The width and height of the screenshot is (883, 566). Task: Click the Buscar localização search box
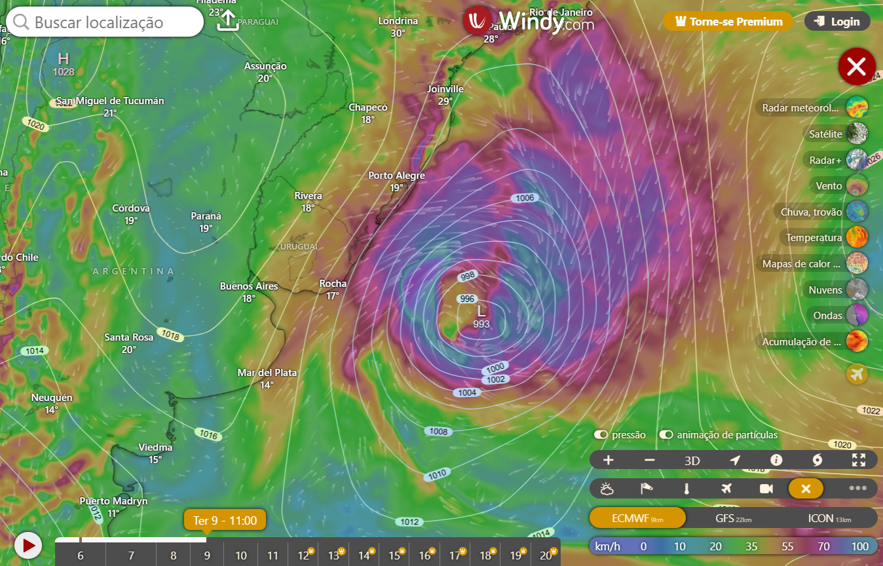coord(105,22)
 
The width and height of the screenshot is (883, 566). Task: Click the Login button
coord(837,22)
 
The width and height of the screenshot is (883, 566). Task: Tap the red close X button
coord(857,66)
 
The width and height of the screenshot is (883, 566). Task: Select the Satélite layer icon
coord(857,134)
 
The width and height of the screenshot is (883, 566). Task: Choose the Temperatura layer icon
coord(857,237)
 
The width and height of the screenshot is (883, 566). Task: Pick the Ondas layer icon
coord(857,315)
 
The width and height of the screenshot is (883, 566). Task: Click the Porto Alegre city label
coord(396,176)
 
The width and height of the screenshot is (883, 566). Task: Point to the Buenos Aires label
coord(249,286)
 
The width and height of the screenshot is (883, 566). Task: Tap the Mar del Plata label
coord(267,373)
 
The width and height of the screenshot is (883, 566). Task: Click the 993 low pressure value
coord(481,324)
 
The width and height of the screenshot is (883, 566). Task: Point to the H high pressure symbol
coord(64,59)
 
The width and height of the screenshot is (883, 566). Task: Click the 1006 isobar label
coord(525,198)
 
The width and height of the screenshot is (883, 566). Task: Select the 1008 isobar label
coord(438,431)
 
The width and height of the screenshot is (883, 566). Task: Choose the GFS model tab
coord(732,518)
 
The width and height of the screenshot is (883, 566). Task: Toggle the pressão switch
coord(601,435)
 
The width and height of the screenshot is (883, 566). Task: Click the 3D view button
coord(692,461)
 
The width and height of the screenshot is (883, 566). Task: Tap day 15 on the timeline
coord(394,556)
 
